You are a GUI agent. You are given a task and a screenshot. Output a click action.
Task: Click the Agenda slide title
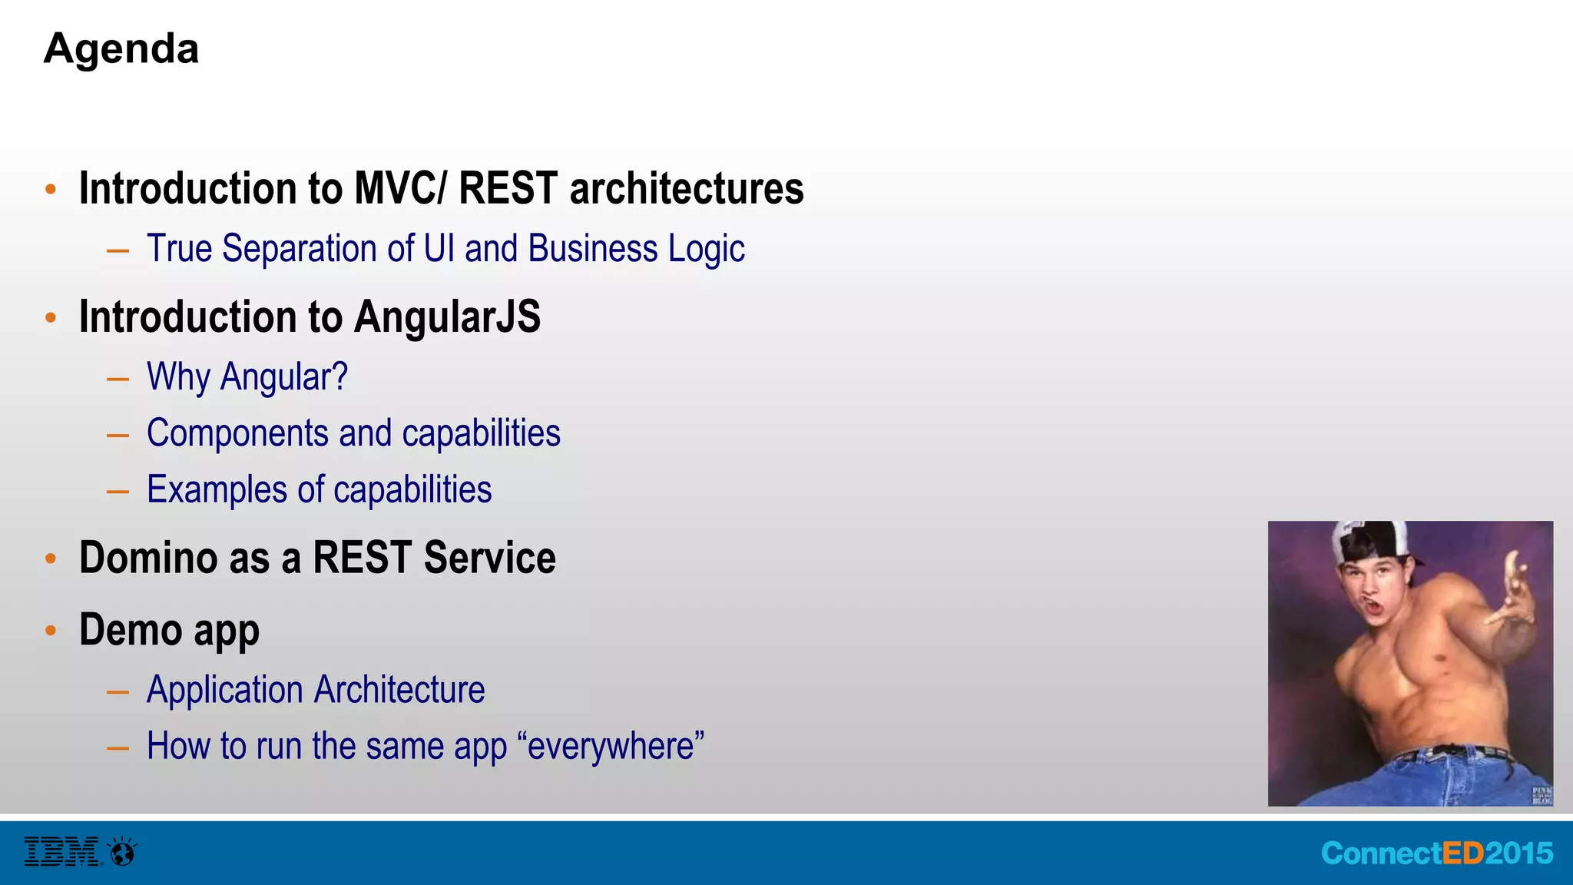coord(121,49)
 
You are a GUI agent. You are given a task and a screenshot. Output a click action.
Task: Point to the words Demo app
coord(169,630)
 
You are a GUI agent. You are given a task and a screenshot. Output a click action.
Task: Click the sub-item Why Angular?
coord(247,377)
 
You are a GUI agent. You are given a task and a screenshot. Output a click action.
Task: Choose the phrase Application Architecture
coord(316,690)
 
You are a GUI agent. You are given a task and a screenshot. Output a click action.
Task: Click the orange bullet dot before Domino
coord(51,559)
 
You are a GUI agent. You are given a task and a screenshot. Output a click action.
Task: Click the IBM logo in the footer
coord(61,852)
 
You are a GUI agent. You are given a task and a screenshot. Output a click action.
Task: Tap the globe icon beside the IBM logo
coord(123,852)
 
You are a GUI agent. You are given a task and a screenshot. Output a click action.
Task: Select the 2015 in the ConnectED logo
coord(1518,854)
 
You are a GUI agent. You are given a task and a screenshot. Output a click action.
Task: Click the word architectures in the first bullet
coord(687,188)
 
